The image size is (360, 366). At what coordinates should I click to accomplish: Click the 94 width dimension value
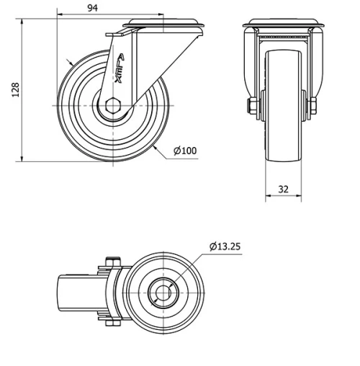pyautogui.click(x=93, y=8)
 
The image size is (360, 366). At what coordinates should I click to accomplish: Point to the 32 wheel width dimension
pyautogui.click(x=283, y=189)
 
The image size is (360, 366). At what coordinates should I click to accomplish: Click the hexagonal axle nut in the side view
pyautogui.click(x=113, y=106)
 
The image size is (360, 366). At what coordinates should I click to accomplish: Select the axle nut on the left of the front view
pyautogui.click(x=253, y=107)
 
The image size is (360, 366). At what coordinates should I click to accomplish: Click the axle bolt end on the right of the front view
pyautogui.click(x=315, y=107)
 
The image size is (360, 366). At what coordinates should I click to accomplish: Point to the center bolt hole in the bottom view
pyautogui.click(x=163, y=293)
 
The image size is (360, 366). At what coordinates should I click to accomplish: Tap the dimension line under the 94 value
pyautogui.click(x=93, y=15)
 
